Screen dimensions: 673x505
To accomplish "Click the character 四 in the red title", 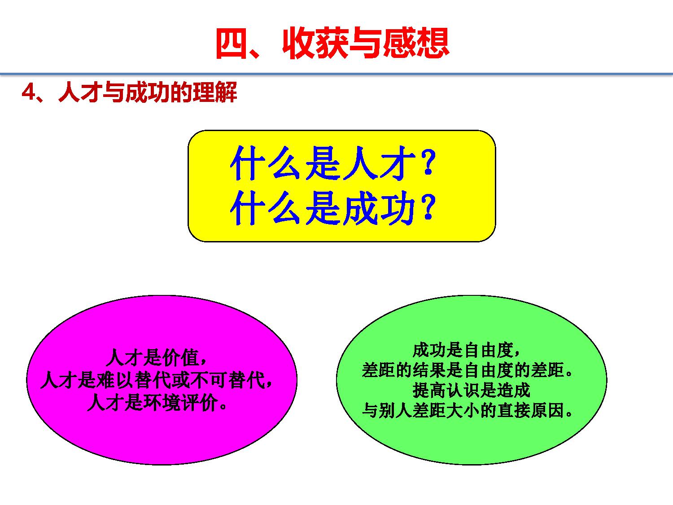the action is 232,43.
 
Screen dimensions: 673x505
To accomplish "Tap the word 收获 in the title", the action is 316,43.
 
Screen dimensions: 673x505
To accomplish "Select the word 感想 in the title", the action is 416,43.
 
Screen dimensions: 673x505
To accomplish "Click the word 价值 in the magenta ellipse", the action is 181,357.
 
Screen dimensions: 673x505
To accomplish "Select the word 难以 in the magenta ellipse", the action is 115,380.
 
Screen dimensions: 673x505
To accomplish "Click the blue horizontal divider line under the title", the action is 336,74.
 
